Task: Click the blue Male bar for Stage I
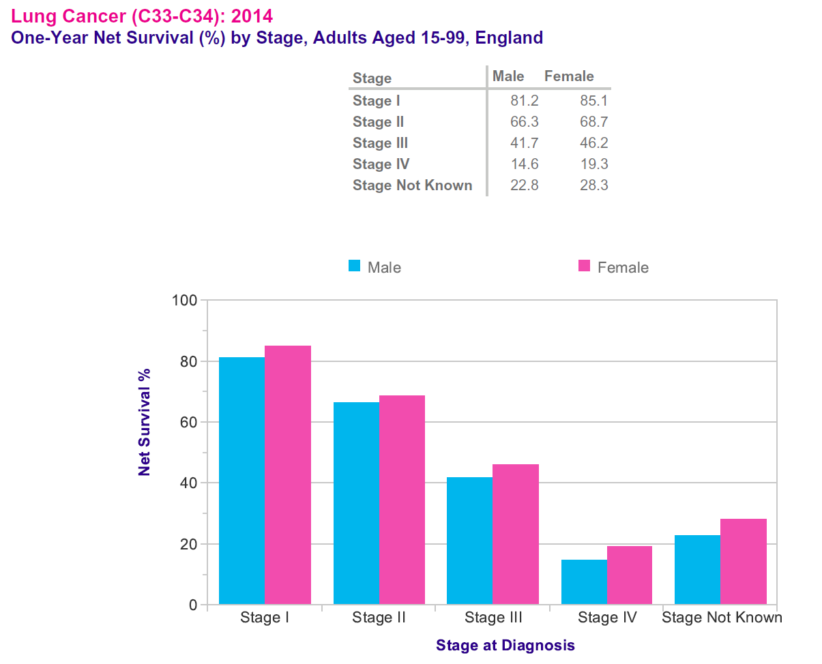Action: pos(241,481)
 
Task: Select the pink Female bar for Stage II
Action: pos(402,500)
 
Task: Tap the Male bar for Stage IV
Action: pos(584,582)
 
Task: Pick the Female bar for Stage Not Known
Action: pos(744,561)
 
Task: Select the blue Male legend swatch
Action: pos(354,266)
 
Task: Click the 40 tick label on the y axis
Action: pos(188,483)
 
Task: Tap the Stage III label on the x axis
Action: pos(493,618)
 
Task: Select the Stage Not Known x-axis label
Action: pos(722,618)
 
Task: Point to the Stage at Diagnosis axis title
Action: pos(505,645)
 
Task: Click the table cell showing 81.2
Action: pos(524,101)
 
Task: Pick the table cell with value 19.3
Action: pos(593,164)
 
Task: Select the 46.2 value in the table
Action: pos(593,143)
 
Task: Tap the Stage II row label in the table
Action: pos(378,122)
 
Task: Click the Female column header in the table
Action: pos(569,76)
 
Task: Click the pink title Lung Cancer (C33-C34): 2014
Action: pos(136,16)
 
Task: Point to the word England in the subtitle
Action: pos(509,37)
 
